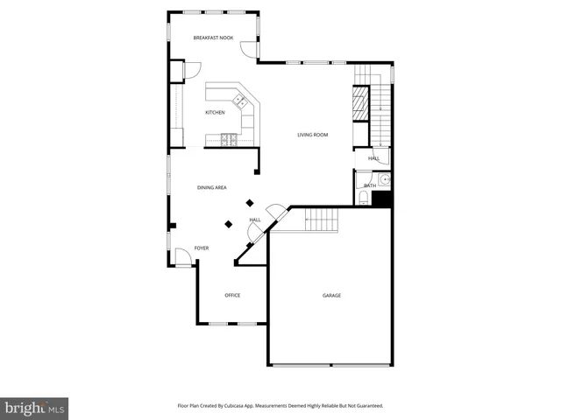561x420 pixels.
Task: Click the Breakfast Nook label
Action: click(213, 38)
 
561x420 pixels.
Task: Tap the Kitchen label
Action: click(215, 113)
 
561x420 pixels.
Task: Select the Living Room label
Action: click(312, 135)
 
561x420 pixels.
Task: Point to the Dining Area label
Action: click(212, 188)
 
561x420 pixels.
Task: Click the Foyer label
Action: click(202, 248)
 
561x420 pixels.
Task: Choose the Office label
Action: click(232, 295)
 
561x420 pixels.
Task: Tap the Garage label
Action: click(331, 296)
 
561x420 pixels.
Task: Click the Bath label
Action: click(370, 185)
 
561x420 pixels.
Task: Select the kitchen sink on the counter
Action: click(239, 101)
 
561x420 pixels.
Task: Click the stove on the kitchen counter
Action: click(230, 137)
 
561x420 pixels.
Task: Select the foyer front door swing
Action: click(182, 257)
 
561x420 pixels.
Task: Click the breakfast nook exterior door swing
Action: click(250, 51)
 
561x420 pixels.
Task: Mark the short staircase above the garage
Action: click(321, 220)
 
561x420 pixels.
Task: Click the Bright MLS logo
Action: click(35, 408)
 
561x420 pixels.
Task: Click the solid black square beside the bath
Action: click(380, 199)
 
